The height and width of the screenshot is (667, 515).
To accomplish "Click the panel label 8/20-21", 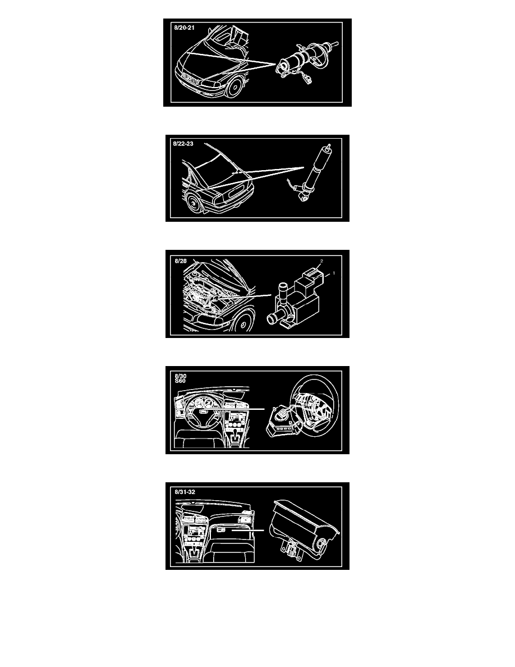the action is coord(184,28).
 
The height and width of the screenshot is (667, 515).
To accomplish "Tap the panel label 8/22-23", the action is coord(183,144).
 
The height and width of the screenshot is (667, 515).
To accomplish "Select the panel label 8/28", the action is coord(181,261).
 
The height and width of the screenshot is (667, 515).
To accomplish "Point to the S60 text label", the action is coord(180,381).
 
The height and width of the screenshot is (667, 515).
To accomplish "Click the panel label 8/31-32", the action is coord(185,492).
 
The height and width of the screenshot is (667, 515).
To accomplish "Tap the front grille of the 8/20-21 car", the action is coord(191,78).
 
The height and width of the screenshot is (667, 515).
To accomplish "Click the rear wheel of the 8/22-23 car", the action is coord(193,204).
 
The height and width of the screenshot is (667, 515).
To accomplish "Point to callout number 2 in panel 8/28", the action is coord(321,261).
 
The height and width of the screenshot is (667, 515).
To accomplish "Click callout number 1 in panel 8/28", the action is coord(334,273).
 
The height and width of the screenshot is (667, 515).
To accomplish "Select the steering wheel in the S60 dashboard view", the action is coord(201,413).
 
